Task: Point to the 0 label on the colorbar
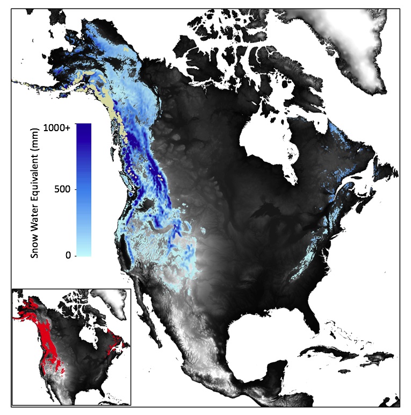(x=68, y=255)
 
